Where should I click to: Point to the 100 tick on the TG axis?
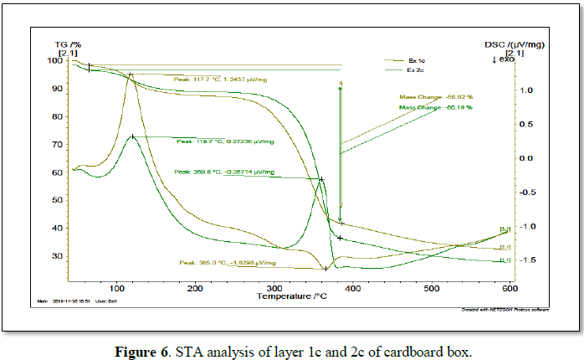point(54,61)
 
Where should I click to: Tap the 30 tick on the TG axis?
point(57,256)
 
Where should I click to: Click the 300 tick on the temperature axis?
point(274,288)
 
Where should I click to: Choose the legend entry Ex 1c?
point(417,60)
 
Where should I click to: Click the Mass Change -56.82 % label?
point(435,96)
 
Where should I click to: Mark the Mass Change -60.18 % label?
point(435,107)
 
